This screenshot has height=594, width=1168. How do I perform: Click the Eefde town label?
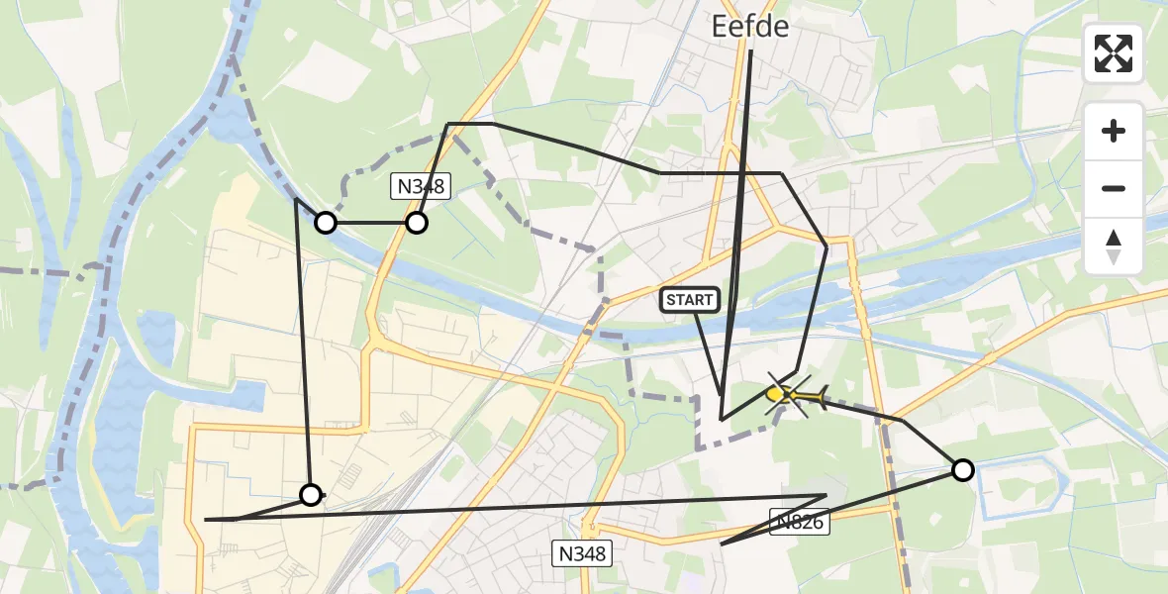pos(750,27)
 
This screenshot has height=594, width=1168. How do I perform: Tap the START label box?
pos(689,300)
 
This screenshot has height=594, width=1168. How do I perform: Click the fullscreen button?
pos(1114,53)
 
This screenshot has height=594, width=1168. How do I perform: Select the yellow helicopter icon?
pos(798,397)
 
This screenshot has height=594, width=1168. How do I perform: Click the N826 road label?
pos(799,521)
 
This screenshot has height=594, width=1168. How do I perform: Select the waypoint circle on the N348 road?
pos(417,223)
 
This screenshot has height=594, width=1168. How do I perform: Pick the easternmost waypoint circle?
pos(962,469)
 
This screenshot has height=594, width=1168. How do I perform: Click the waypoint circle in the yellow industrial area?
pos(311,494)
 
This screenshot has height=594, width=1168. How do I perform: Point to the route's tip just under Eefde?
pos(750,51)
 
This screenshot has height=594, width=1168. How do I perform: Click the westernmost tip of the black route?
pos(205,519)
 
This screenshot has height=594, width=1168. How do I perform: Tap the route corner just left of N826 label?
pos(722,544)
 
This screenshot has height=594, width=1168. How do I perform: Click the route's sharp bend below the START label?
pos(723,419)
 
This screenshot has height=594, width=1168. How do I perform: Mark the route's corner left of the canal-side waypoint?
pos(297,199)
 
